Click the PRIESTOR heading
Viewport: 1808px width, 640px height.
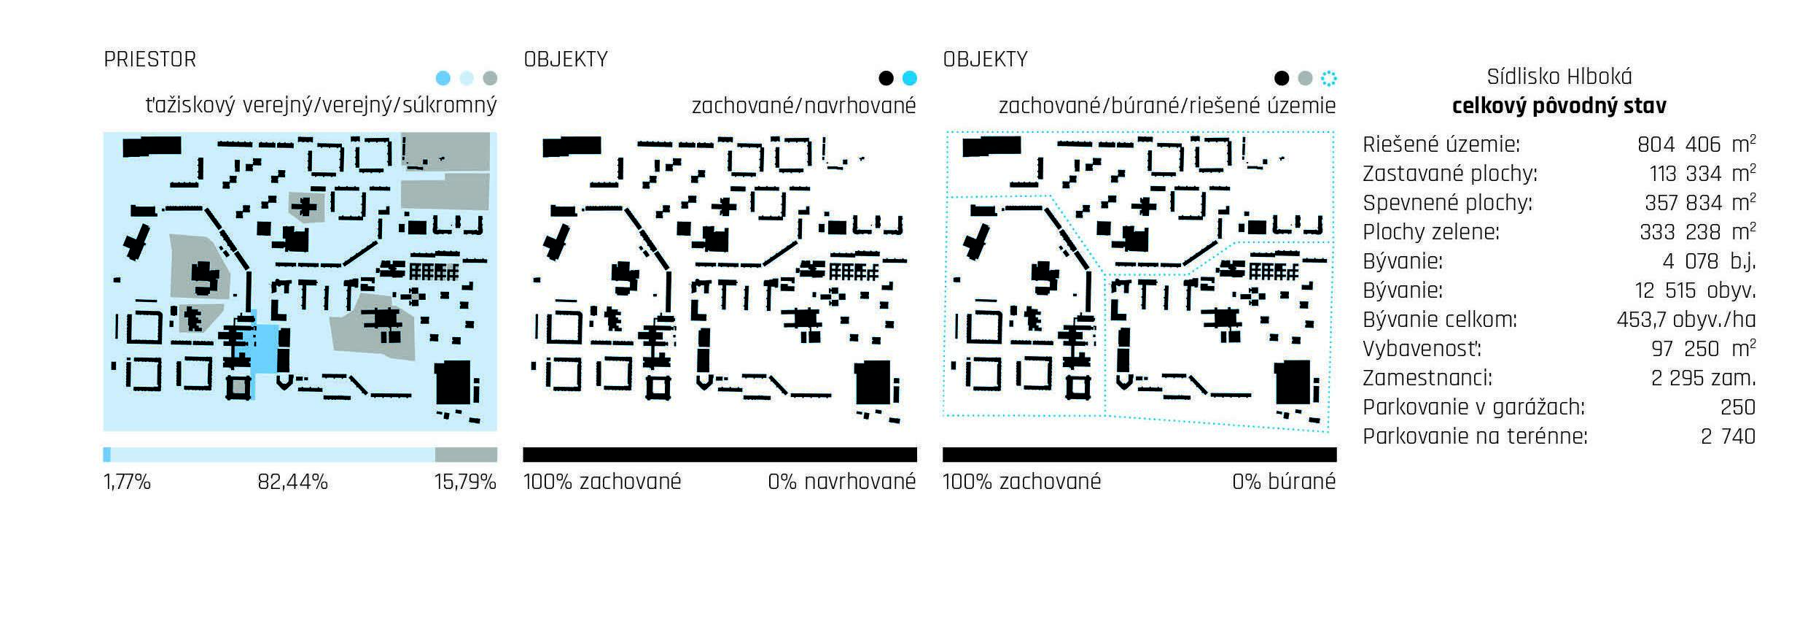coord(149,59)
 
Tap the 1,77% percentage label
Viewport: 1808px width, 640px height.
coord(127,482)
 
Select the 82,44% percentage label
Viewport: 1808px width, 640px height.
coord(292,482)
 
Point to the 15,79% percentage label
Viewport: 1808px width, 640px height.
coord(465,482)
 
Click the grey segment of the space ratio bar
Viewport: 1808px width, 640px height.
coord(466,455)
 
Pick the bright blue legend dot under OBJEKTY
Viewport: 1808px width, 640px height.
coord(909,78)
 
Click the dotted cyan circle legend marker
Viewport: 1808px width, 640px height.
coord(1329,78)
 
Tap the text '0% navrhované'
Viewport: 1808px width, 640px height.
coord(841,482)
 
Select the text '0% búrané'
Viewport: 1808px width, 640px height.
coord(1284,482)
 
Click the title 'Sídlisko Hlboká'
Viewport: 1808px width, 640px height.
coord(1559,77)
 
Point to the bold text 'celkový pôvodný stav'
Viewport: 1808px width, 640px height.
coord(1559,107)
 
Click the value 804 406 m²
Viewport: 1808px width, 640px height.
coord(1696,144)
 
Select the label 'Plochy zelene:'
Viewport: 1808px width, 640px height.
coord(1431,232)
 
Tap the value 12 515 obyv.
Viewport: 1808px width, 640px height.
coord(1695,290)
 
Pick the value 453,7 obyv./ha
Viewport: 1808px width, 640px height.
coord(1686,320)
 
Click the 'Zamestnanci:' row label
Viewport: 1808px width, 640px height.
coord(1427,378)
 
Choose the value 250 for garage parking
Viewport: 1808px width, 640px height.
coord(1737,407)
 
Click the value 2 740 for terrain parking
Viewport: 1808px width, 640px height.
coord(1728,436)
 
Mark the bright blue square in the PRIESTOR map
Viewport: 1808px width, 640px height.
coord(263,349)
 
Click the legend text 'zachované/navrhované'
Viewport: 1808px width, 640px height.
coord(803,106)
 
